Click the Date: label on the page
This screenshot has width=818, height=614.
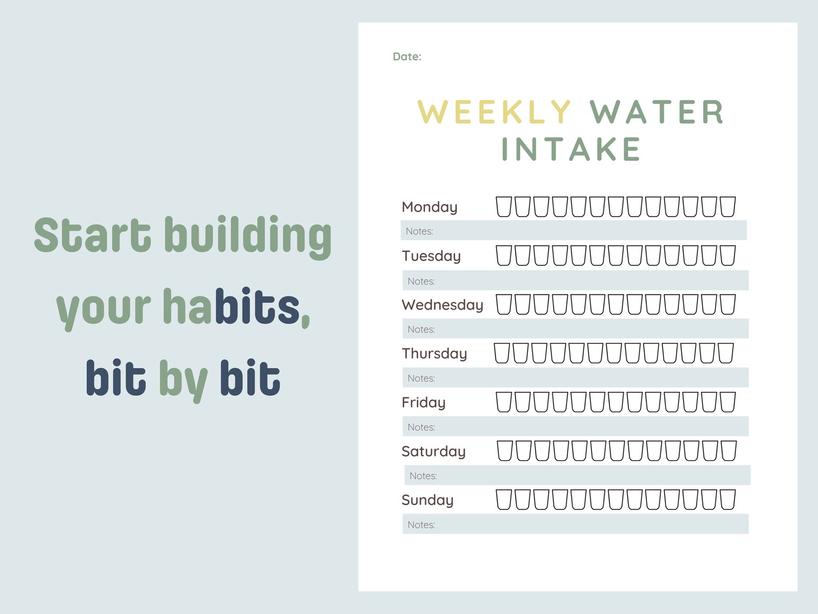(x=407, y=57)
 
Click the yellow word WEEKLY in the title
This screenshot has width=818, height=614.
(x=494, y=112)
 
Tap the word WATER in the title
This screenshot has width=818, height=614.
(x=657, y=112)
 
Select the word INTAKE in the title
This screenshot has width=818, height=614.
(x=571, y=150)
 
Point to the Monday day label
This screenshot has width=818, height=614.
(x=430, y=207)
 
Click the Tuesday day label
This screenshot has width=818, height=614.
(x=431, y=256)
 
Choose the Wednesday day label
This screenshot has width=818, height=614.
(x=442, y=305)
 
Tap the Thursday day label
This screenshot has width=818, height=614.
(x=434, y=353)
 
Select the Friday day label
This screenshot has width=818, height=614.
(x=423, y=402)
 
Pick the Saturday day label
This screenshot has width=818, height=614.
(x=434, y=451)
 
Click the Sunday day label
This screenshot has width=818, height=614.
(x=428, y=500)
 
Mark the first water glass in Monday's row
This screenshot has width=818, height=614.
(x=504, y=207)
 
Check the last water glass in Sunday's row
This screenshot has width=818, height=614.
(x=728, y=500)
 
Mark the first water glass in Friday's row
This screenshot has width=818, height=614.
(x=504, y=402)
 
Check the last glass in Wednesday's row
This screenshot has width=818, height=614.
(x=728, y=304)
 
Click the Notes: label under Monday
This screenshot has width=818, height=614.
(x=419, y=231)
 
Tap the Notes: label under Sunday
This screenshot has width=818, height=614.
(x=421, y=525)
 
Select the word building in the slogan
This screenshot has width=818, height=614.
(x=248, y=236)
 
